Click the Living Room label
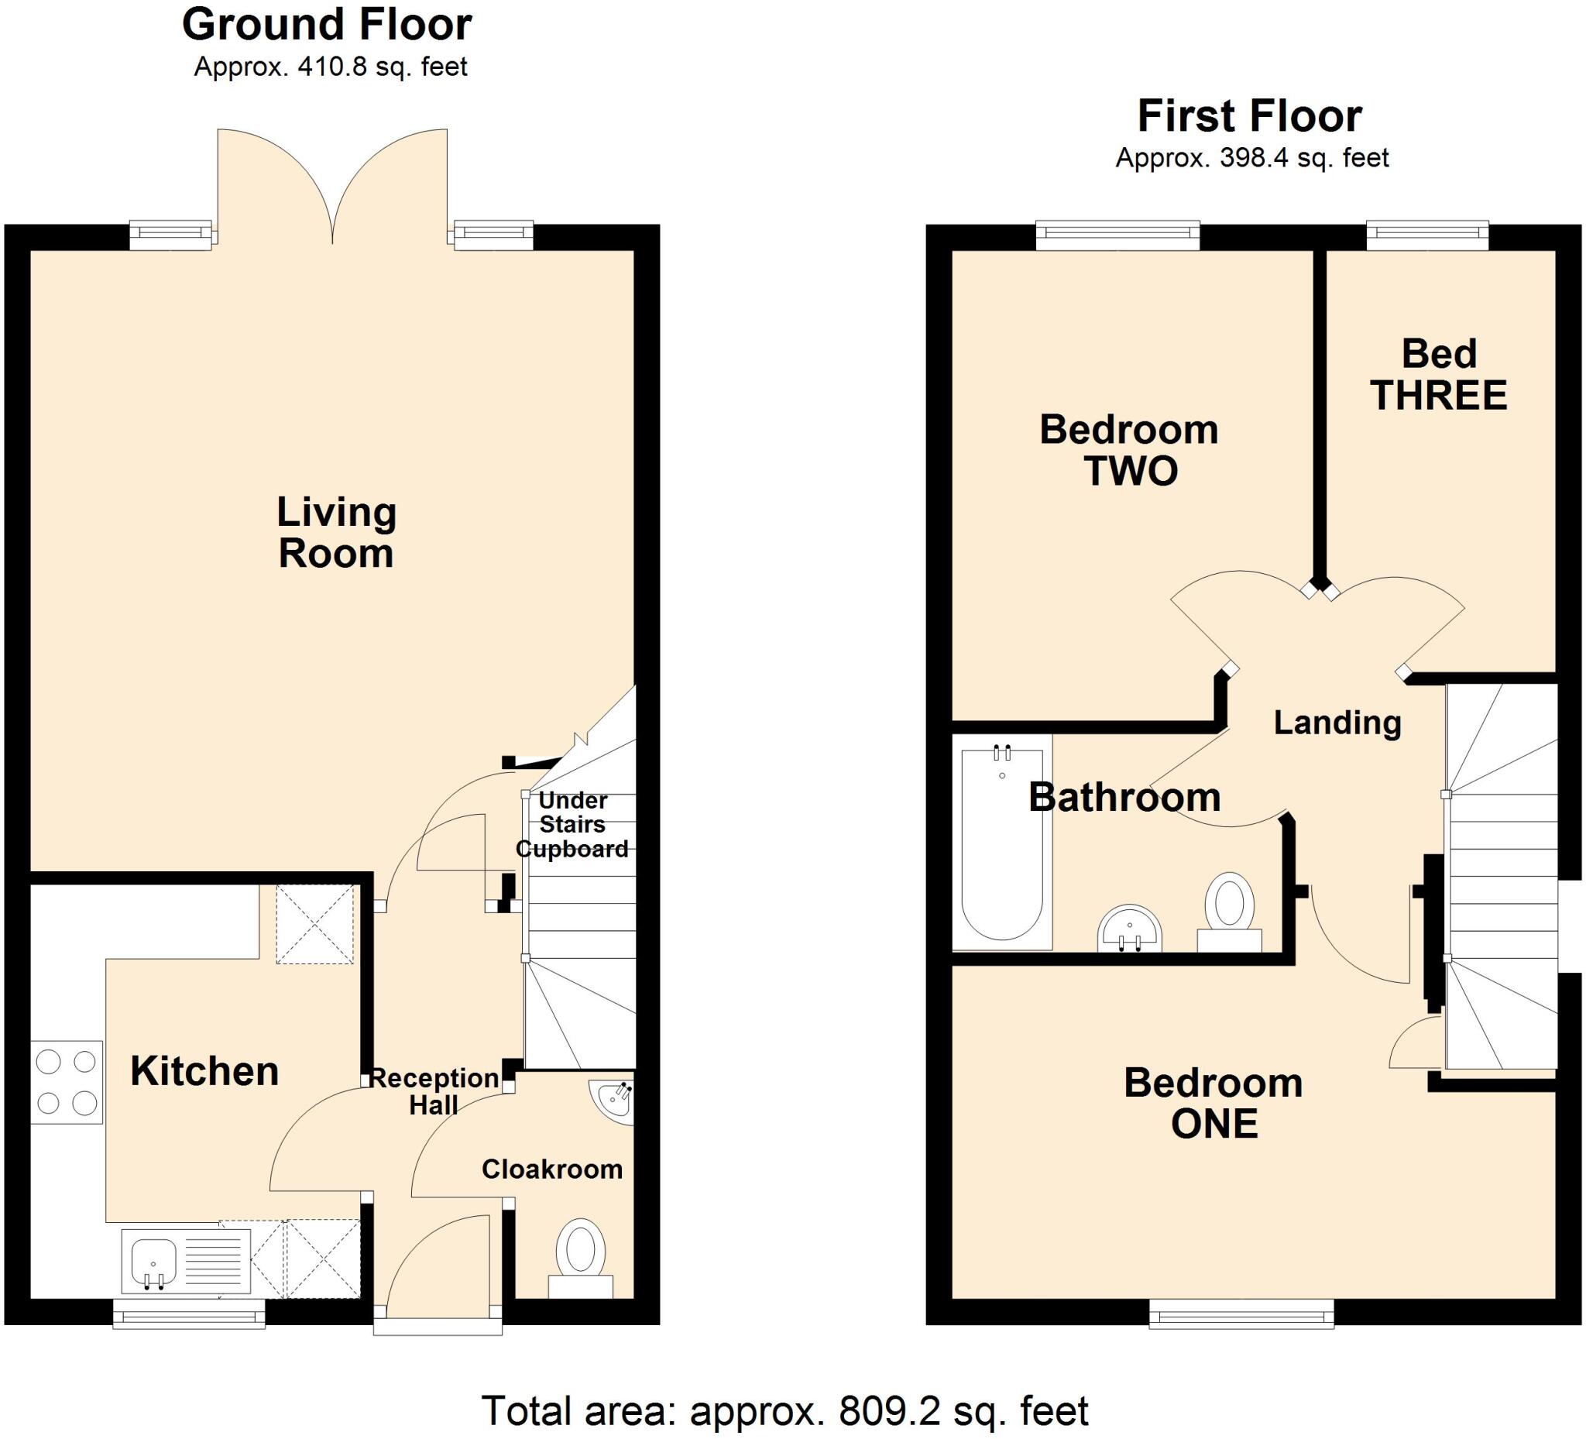pos(336,533)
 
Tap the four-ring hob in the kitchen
pos(67,1083)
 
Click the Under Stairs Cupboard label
pos(573,825)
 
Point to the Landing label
pos(1337,723)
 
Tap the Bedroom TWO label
pos(1130,450)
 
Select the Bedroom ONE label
pos(1213,1103)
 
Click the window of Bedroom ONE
pos(1241,1314)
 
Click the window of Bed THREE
pos(1427,235)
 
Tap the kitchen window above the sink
pos(189,1314)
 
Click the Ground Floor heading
pos(327,26)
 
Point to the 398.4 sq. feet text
pos(1303,159)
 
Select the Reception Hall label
pos(434,1091)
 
